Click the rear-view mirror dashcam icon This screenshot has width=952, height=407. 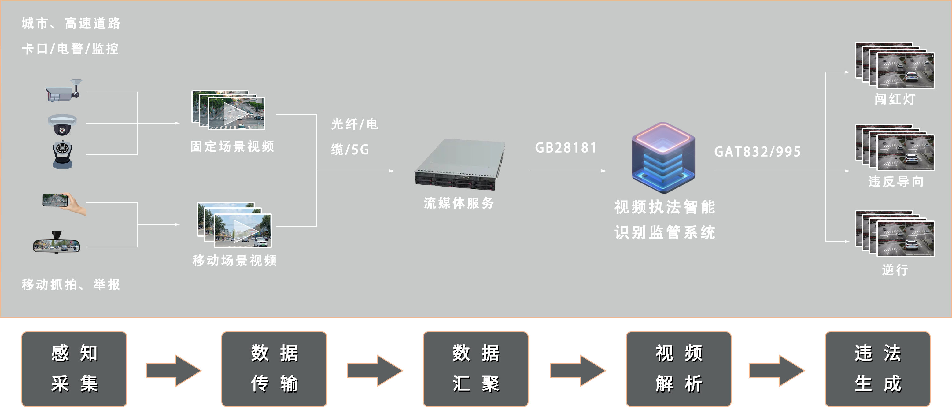coord(56,243)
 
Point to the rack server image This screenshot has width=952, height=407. coord(459,165)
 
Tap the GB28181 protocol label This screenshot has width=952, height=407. coord(566,148)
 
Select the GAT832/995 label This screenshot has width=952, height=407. coord(757,152)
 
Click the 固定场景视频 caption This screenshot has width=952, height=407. coord(232,147)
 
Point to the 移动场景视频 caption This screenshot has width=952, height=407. coord(234,261)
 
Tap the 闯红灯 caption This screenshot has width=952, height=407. coord(895,99)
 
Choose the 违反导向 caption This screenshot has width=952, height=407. coord(896,182)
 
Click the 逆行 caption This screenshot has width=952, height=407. coord(895,269)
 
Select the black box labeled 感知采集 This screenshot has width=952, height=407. coord(74,369)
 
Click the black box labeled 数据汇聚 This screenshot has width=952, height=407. coord(476,369)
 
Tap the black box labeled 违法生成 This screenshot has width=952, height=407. coord(877,369)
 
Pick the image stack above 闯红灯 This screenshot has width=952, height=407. coord(895,65)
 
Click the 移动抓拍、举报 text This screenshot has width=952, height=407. coord(71,285)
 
